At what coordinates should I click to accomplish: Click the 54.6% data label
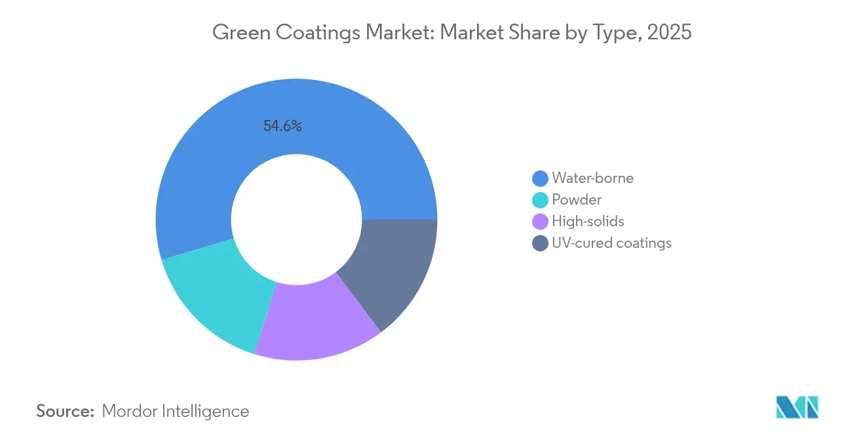point(282,127)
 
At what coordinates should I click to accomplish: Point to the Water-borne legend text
point(592,178)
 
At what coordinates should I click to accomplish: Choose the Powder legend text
point(577,199)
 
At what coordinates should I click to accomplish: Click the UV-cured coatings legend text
point(611,243)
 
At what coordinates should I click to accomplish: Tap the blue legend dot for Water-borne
point(540,178)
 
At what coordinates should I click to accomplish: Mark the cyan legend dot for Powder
point(540,200)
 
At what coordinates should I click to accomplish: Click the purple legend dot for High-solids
point(540,222)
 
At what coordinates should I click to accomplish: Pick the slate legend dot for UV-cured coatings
point(540,243)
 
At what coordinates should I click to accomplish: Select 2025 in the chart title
point(669,31)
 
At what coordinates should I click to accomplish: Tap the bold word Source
point(66,411)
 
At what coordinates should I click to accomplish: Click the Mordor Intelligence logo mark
point(798,407)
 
